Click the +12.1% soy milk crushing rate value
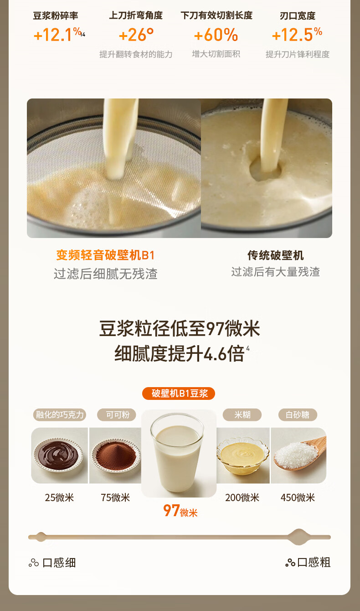click(x=58, y=35)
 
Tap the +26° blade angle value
click(x=136, y=35)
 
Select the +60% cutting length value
click(x=216, y=35)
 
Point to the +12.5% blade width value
click(x=297, y=35)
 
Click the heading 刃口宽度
click(x=297, y=16)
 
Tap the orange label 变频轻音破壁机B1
click(x=105, y=255)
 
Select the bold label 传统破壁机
click(x=276, y=255)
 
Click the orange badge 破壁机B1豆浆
click(x=179, y=394)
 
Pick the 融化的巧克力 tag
click(x=60, y=415)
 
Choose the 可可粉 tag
click(x=117, y=415)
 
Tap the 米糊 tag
click(x=242, y=415)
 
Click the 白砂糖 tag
click(x=298, y=415)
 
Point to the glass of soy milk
click(x=177, y=452)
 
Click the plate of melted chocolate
click(x=58, y=454)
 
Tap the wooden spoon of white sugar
click(x=300, y=453)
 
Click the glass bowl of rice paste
click(x=242, y=456)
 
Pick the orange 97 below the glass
click(x=171, y=511)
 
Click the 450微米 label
click(x=298, y=498)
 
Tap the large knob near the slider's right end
click(x=298, y=537)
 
